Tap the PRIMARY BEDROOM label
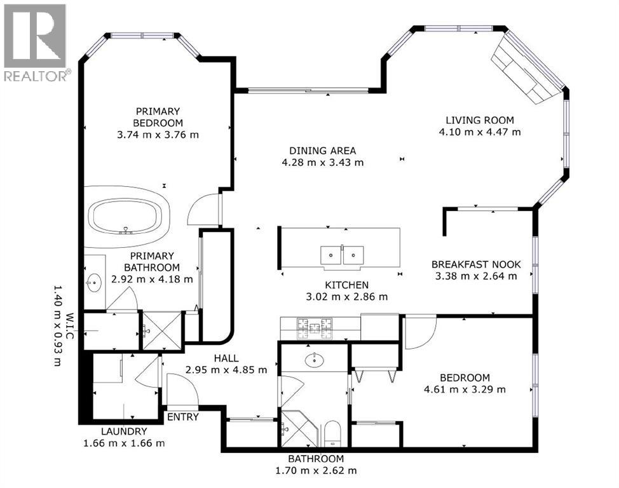158,117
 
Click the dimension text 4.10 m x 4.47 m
479,132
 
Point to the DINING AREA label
322,151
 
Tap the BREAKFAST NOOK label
476,264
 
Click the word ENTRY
182,417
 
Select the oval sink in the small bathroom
315,360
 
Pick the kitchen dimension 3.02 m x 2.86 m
347,296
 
